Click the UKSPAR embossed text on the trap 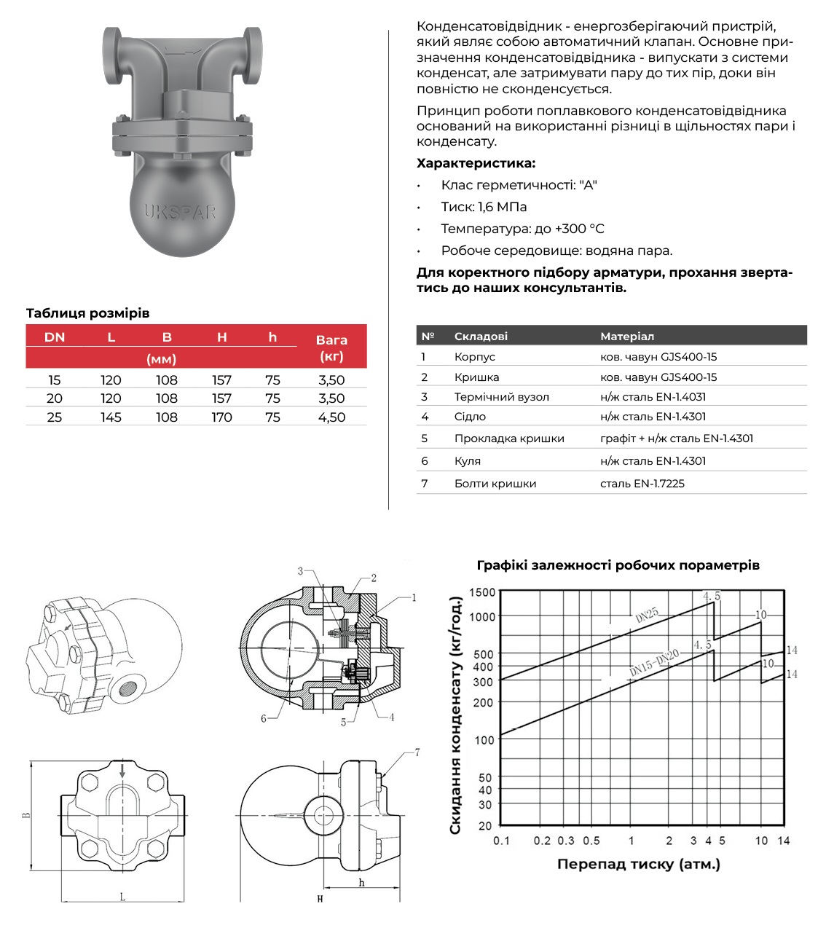[x=180, y=212]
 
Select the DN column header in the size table [x=55, y=337]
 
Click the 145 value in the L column [x=111, y=417]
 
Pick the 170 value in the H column [x=221, y=417]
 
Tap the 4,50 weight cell [x=331, y=417]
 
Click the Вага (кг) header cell [x=331, y=347]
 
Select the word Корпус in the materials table [x=474, y=357]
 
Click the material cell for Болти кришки [x=642, y=484]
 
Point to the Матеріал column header [x=626, y=337]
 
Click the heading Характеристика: [x=476, y=163]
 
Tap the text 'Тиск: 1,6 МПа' [x=484, y=207]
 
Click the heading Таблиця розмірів [x=87, y=313]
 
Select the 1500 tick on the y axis [x=481, y=592]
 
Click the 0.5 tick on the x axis [x=591, y=841]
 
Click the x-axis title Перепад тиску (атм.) [x=638, y=865]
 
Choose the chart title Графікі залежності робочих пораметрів [x=618, y=565]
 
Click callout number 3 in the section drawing [x=300, y=571]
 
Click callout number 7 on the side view [x=417, y=752]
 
